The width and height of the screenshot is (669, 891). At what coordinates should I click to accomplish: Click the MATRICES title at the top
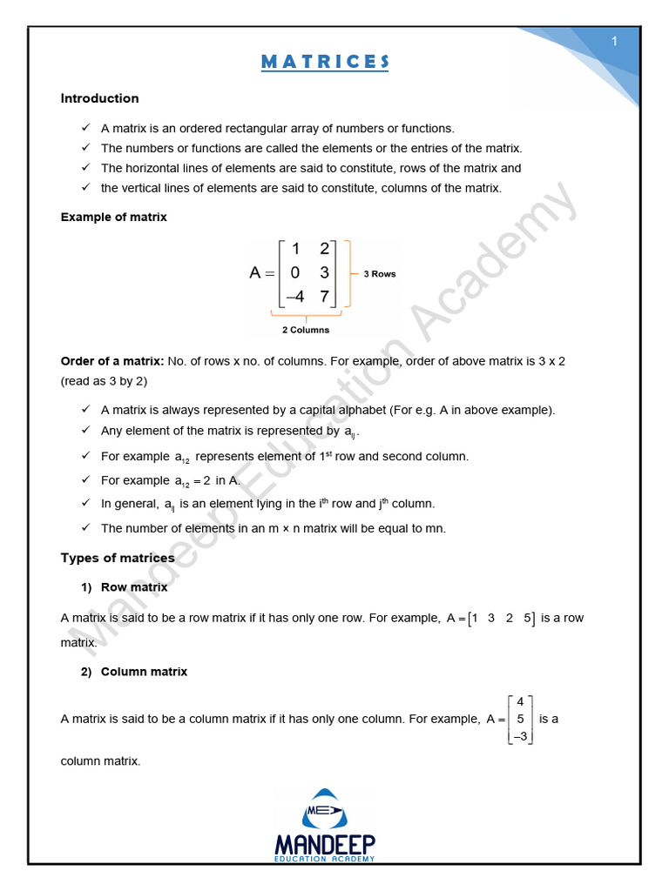(x=324, y=62)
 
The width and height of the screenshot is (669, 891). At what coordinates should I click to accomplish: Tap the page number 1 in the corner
(x=614, y=42)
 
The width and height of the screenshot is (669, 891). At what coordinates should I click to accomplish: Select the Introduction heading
(x=99, y=98)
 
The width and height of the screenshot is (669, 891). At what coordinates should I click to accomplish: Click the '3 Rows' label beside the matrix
(x=379, y=273)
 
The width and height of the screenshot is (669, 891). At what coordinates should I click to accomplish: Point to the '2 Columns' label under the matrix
(x=305, y=330)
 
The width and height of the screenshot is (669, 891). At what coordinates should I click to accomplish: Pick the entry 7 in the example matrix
(x=324, y=297)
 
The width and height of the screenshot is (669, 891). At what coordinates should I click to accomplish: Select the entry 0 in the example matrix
(x=295, y=272)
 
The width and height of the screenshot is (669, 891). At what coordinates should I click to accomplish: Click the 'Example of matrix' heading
(x=113, y=217)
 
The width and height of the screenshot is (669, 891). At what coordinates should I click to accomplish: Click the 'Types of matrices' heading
(x=117, y=558)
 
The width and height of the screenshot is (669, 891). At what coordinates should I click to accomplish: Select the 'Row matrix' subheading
(x=134, y=587)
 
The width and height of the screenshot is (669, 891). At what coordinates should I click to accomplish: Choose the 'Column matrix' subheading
(x=144, y=672)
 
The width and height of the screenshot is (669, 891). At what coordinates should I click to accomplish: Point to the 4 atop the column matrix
(x=520, y=701)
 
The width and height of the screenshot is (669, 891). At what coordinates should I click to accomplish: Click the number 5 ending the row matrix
(x=528, y=619)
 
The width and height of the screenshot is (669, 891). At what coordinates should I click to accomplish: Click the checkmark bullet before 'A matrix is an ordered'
(x=85, y=128)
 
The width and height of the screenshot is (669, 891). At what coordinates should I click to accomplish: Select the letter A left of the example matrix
(x=255, y=273)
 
